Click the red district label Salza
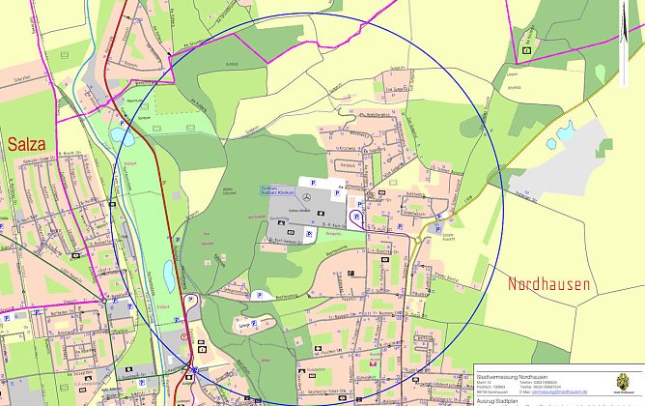[26, 144]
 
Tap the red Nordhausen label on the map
[547, 284]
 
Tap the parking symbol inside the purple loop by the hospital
[356, 217]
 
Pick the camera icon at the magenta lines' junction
[527, 46]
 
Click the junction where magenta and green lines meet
[103, 301]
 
